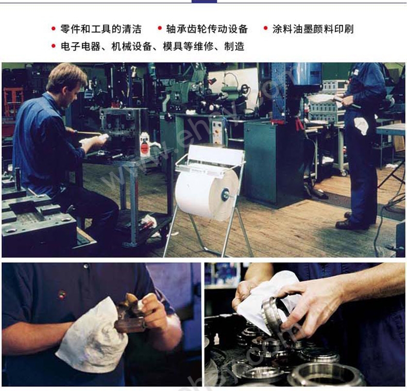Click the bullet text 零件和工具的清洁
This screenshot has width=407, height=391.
click(101, 29)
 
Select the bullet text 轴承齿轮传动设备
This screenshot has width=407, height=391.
click(207, 29)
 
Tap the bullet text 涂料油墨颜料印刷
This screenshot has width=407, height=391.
click(313, 29)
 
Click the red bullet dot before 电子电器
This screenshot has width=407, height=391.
click(54, 46)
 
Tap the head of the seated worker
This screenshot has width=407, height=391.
click(66, 83)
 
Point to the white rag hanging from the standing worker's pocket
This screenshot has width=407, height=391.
click(361, 125)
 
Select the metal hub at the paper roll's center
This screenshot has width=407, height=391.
click(225, 194)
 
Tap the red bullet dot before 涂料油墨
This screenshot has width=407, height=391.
click(265, 28)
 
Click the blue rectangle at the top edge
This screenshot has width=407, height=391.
click(204, 2)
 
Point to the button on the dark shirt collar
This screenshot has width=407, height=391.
click(86, 266)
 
